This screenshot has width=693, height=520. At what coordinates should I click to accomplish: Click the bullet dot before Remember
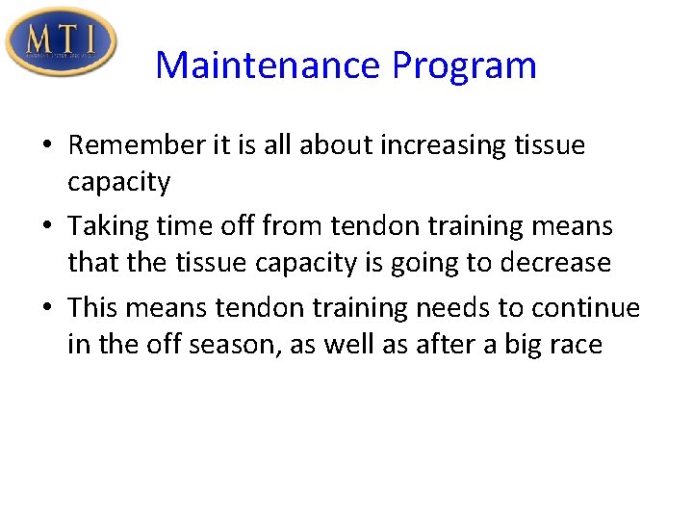click(x=48, y=146)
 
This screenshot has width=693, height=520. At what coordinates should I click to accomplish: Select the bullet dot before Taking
click(x=48, y=227)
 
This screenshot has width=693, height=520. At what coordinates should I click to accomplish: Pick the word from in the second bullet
click(x=293, y=227)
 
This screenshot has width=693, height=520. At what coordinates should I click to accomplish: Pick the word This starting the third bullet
click(x=93, y=308)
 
